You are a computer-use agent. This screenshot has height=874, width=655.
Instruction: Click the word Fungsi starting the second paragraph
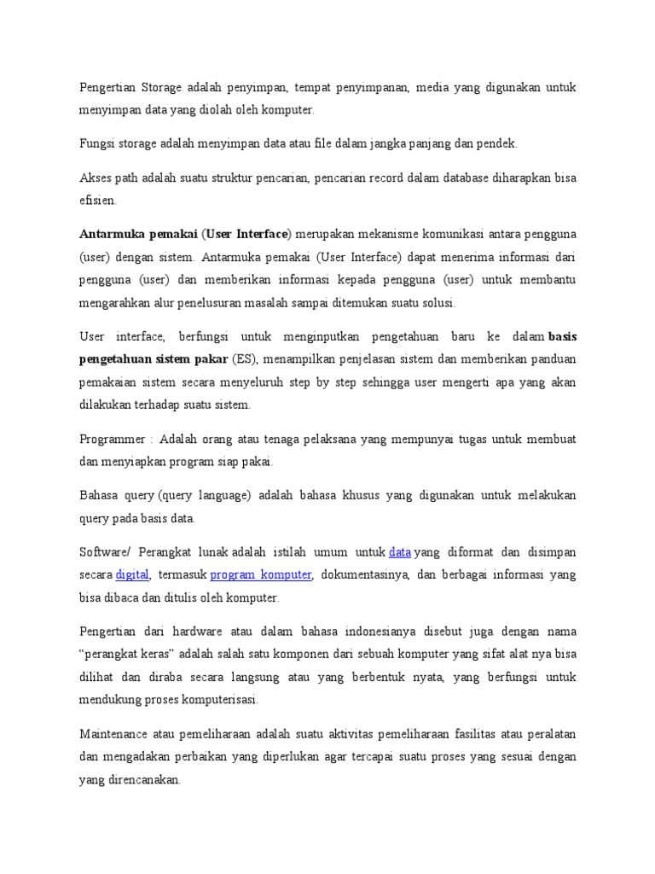[96, 143]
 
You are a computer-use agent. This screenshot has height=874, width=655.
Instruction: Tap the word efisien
[96, 201]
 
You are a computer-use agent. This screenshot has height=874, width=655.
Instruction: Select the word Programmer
[113, 439]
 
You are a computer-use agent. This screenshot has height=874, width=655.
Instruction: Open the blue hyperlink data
[400, 551]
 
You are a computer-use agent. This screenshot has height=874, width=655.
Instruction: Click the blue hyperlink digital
[132, 574]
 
